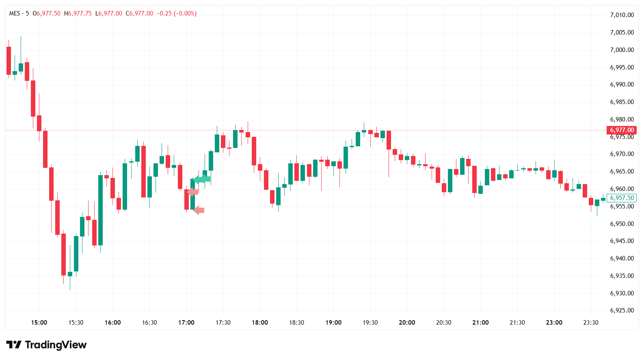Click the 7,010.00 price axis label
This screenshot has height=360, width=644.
(x=622, y=15)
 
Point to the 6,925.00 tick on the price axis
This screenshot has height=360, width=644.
(x=622, y=310)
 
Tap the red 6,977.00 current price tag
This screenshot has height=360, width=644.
(x=621, y=130)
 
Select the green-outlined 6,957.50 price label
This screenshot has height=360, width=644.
(x=621, y=198)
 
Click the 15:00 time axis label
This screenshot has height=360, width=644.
(x=39, y=323)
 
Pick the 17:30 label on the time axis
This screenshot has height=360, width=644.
(x=223, y=323)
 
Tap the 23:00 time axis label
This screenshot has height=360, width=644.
(x=554, y=323)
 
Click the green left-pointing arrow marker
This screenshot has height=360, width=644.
(x=202, y=179)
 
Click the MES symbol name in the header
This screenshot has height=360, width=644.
(x=15, y=13)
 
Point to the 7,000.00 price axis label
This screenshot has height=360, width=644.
(x=622, y=50)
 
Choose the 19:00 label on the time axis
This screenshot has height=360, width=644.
(x=333, y=323)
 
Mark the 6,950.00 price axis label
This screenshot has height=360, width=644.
(x=622, y=224)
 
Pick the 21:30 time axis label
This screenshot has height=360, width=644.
(x=517, y=323)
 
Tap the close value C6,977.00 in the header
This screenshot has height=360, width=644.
(x=139, y=13)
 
